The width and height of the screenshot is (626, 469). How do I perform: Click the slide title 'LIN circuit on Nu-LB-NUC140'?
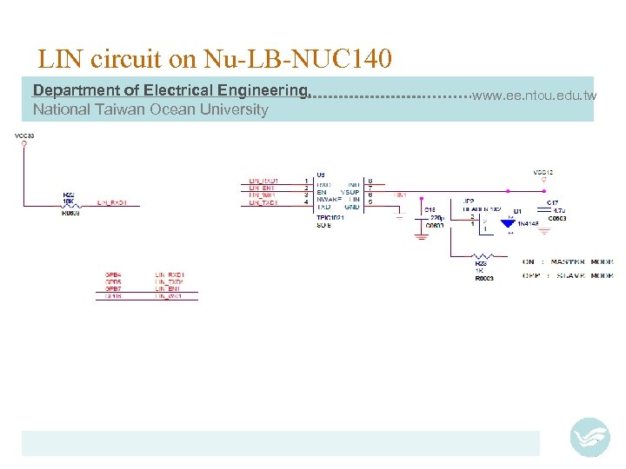tap(215, 59)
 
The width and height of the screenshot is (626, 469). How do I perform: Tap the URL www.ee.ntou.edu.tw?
tap(534, 95)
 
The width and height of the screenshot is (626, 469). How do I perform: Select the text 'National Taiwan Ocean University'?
tap(150, 109)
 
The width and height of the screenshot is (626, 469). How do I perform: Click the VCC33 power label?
tap(23, 135)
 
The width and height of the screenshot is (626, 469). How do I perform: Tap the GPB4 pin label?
tap(114, 274)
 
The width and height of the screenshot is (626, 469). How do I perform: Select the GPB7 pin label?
tap(114, 289)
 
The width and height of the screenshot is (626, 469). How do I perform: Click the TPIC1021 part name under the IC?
tap(331, 219)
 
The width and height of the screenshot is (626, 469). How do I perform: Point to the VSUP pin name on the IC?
tap(350, 192)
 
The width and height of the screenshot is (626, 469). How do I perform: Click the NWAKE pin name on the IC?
tap(330, 199)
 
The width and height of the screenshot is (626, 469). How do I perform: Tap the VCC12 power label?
tap(543, 172)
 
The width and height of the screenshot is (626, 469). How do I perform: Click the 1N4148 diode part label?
tap(529, 224)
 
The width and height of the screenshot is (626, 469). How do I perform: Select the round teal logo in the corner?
tap(590, 437)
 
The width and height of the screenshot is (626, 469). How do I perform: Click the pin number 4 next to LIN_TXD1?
tap(306, 202)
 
